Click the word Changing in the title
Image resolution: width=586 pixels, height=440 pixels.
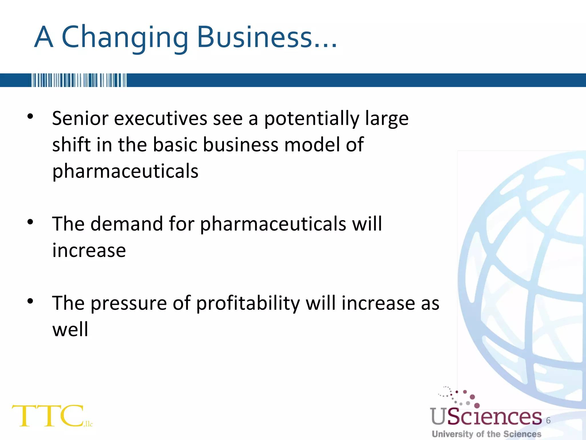(125, 37)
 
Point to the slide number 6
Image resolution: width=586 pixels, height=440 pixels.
(548, 420)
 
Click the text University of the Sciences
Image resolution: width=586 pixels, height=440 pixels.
(486, 434)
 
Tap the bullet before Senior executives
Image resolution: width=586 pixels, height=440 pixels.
(30, 116)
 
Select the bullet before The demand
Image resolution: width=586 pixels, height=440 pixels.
(30, 222)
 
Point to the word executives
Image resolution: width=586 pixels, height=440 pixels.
(161, 118)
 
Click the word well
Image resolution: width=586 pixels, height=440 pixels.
(70, 329)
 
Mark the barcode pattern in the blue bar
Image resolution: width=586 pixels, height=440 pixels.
(79, 80)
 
